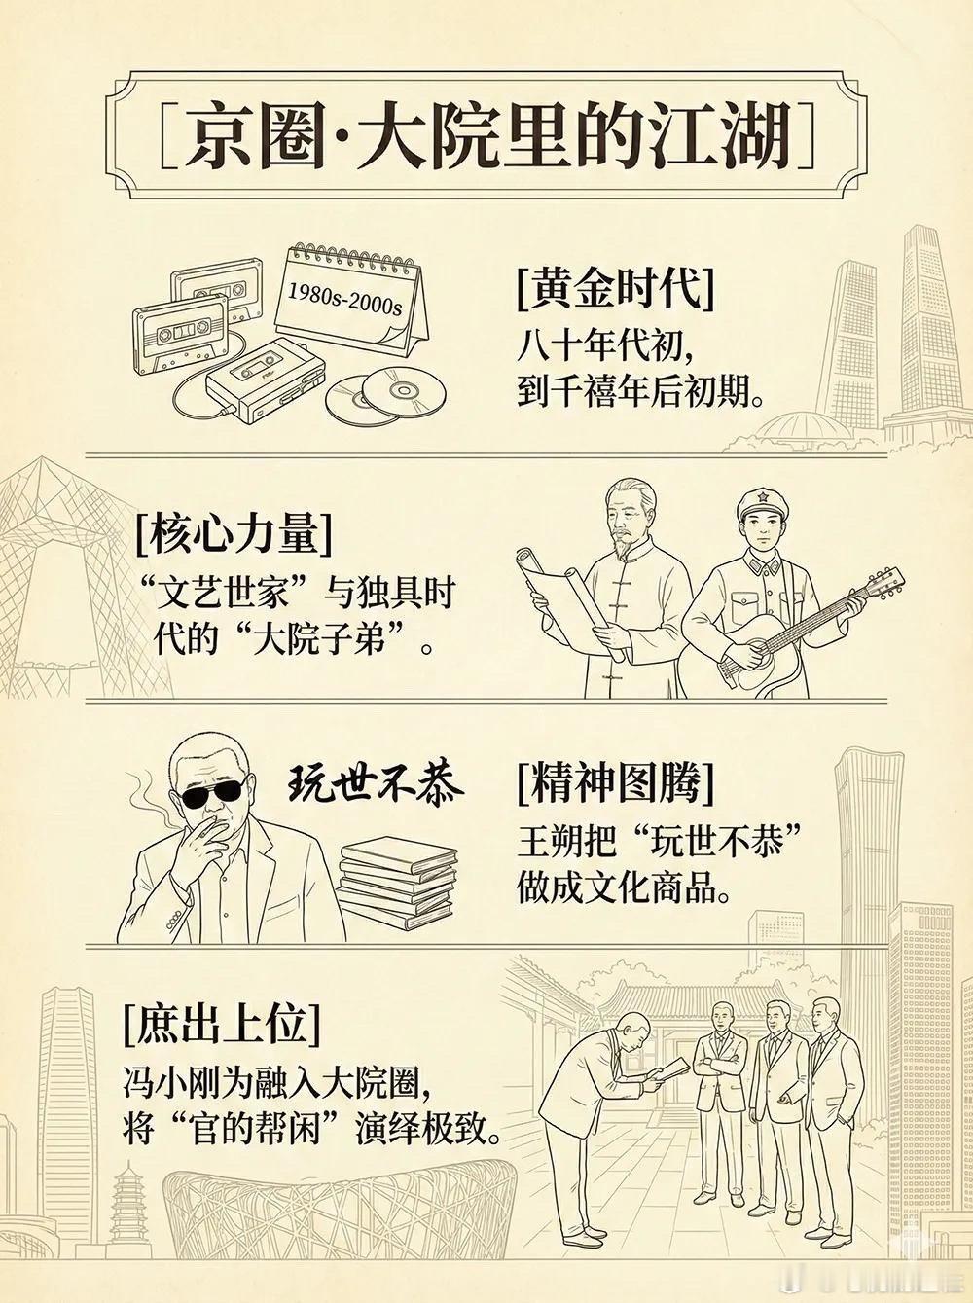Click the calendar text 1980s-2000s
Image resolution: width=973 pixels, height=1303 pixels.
[345, 299]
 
